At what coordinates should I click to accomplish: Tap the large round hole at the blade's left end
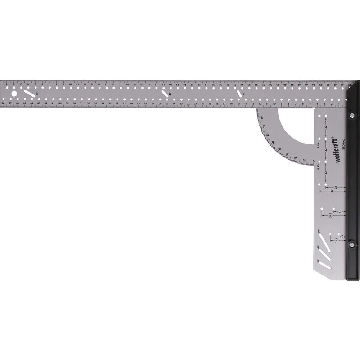(x=14, y=94)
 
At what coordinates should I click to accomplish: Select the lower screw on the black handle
(x=351, y=244)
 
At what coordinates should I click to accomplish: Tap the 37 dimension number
(x=332, y=191)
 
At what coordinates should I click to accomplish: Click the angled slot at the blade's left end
(x=30, y=94)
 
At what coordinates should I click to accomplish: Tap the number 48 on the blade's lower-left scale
(x=4, y=103)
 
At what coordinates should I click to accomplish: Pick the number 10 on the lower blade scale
(x=274, y=103)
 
